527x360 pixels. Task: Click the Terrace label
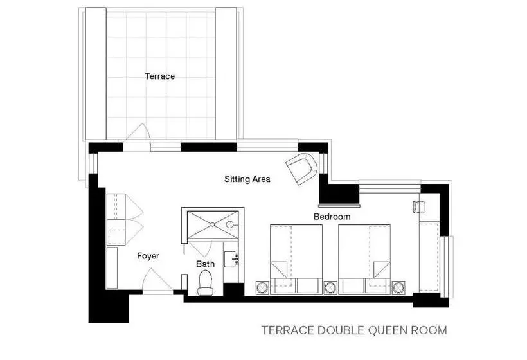(x=160, y=76)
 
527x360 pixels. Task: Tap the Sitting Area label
(x=247, y=179)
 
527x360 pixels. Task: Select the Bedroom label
(x=332, y=217)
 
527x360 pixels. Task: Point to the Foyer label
(x=148, y=256)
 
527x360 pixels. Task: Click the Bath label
(x=206, y=264)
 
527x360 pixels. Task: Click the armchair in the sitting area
(x=302, y=168)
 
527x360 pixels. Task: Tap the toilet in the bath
(x=206, y=283)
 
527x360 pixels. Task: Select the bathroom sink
(x=231, y=259)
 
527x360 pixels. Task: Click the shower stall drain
(x=213, y=224)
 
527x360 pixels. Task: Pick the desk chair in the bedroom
(x=419, y=207)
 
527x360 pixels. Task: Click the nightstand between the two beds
(x=330, y=288)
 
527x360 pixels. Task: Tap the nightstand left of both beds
(x=262, y=288)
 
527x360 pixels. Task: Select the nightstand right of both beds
(x=398, y=288)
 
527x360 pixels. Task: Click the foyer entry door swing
(x=157, y=281)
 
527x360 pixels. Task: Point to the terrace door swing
(x=137, y=132)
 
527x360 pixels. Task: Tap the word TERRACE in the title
(x=288, y=330)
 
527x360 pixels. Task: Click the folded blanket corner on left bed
(x=279, y=269)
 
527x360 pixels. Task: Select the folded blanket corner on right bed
(x=382, y=269)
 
